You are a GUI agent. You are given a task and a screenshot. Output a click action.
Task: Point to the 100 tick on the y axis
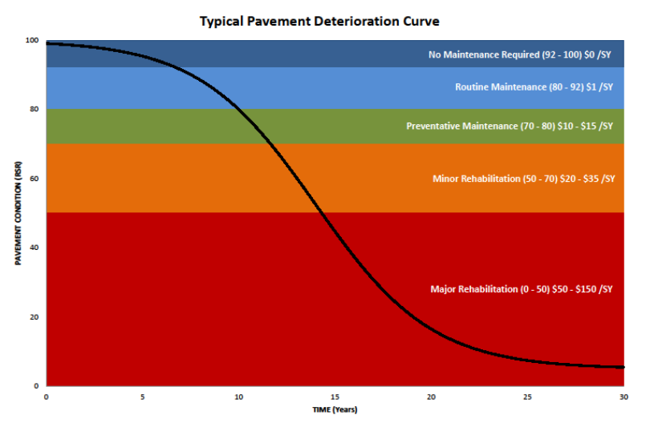(32, 40)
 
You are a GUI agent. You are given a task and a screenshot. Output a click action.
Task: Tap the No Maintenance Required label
(520, 55)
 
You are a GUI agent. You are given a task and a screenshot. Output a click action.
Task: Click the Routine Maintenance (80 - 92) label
(534, 87)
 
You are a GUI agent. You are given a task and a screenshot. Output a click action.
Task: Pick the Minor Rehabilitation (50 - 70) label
(522, 179)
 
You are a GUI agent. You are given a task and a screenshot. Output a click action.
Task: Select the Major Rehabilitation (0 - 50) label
(522, 288)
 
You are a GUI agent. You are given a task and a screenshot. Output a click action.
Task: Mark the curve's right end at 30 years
(623, 367)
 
